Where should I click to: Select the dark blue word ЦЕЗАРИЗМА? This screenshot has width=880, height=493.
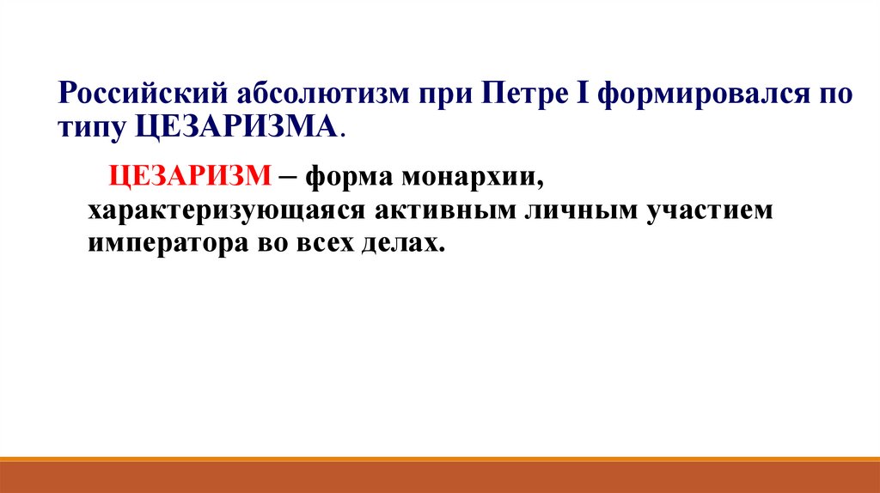pos(237,128)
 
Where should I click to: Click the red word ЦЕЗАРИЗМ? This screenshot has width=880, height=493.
pos(189,178)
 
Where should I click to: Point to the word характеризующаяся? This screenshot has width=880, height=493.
pos(226,211)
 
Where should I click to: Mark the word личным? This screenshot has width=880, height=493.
pos(580,211)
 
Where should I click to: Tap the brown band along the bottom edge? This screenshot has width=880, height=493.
pos(440,476)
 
